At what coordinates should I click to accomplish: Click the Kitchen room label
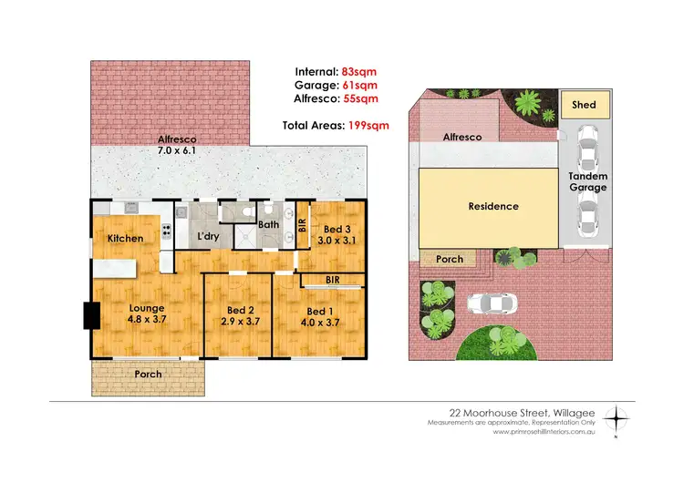(124, 239)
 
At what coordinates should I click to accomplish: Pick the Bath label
(268, 224)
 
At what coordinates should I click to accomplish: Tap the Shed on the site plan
(584, 106)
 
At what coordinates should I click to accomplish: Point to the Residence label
(493, 207)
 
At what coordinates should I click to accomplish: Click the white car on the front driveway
(491, 303)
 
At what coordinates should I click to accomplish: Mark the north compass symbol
(619, 419)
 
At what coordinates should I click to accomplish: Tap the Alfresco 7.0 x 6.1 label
(177, 145)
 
